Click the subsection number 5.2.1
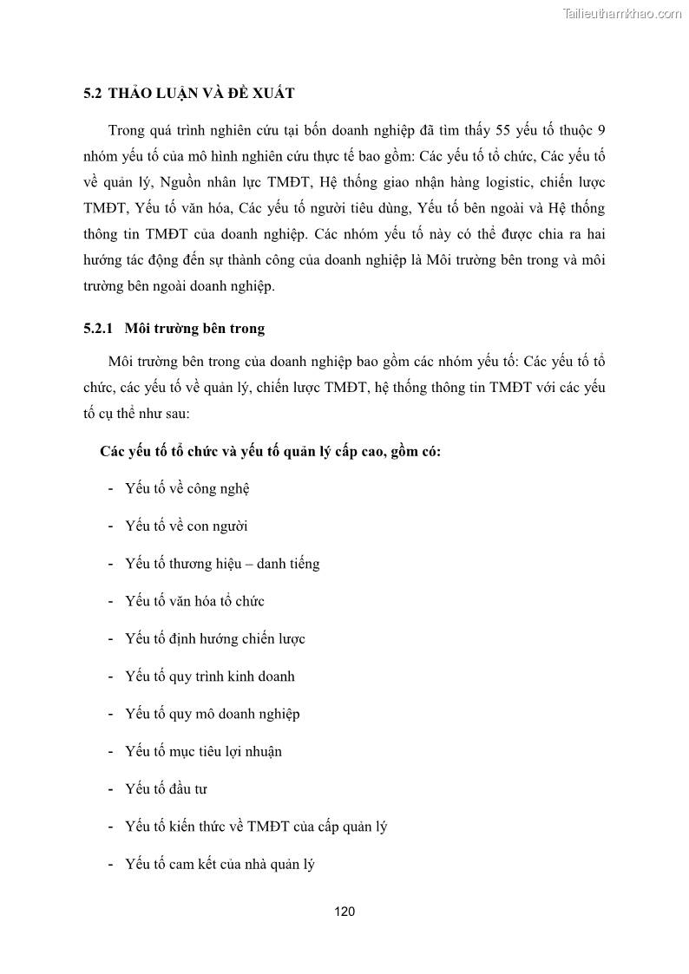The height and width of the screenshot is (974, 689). pyautogui.click(x=99, y=330)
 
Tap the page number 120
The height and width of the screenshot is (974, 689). pyautogui.click(x=344, y=912)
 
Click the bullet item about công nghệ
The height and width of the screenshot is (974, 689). pyautogui.click(x=187, y=488)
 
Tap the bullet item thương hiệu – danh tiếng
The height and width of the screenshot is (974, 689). pyautogui.click(x=222, y=564)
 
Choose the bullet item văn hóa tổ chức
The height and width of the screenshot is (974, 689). pyautogui.click(x=194, y=601)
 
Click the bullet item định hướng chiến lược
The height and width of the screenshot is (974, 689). pyautogui.click(x=214, y=639)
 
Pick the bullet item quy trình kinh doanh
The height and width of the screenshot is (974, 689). pyautogui.click(x=210, y=677)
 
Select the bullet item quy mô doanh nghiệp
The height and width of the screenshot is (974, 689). pyautogui.click(x=212, y=714)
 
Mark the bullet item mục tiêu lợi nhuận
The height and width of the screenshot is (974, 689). pyautogui.click(x=203, y=751)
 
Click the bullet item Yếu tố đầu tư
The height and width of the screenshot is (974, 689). pyautogui.click(x=166, y=789)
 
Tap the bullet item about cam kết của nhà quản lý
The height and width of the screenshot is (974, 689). pyautogui.click(x=220, y=864)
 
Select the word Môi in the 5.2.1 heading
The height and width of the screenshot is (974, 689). pyautogui.click(x=139, y=330)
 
